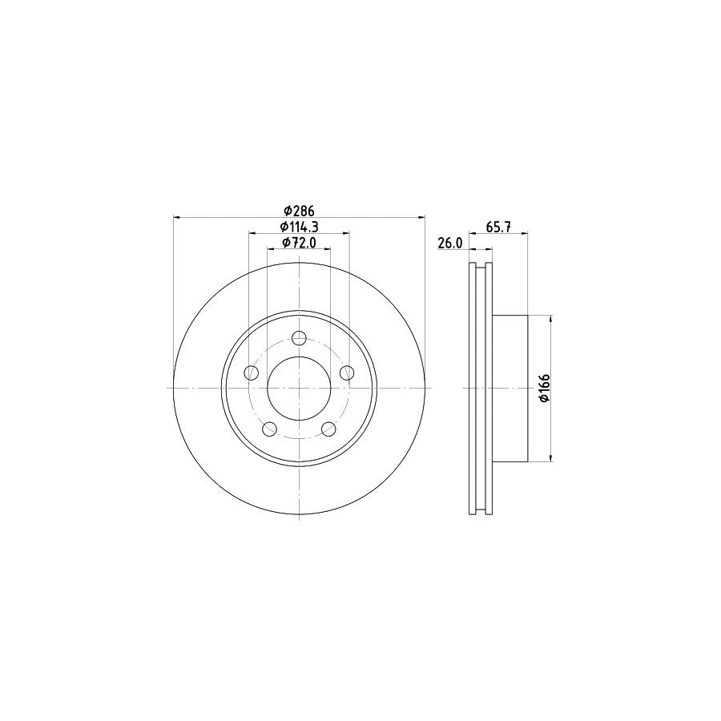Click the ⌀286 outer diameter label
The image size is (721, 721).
(298, 211)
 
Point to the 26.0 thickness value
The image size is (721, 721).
(450, 244)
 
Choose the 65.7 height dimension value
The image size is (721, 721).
(498, 228)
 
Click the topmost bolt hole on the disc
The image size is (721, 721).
(299, 337)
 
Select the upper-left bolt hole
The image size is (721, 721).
(252, 372)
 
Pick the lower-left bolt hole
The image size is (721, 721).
(270, 429)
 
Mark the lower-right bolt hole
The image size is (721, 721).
(328, 429)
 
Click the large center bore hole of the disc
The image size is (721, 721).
(299, 389)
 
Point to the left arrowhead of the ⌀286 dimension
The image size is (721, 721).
(177, 217)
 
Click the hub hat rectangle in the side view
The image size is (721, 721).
(510, 389)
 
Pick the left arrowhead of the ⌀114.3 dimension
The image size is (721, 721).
(252, 233)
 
